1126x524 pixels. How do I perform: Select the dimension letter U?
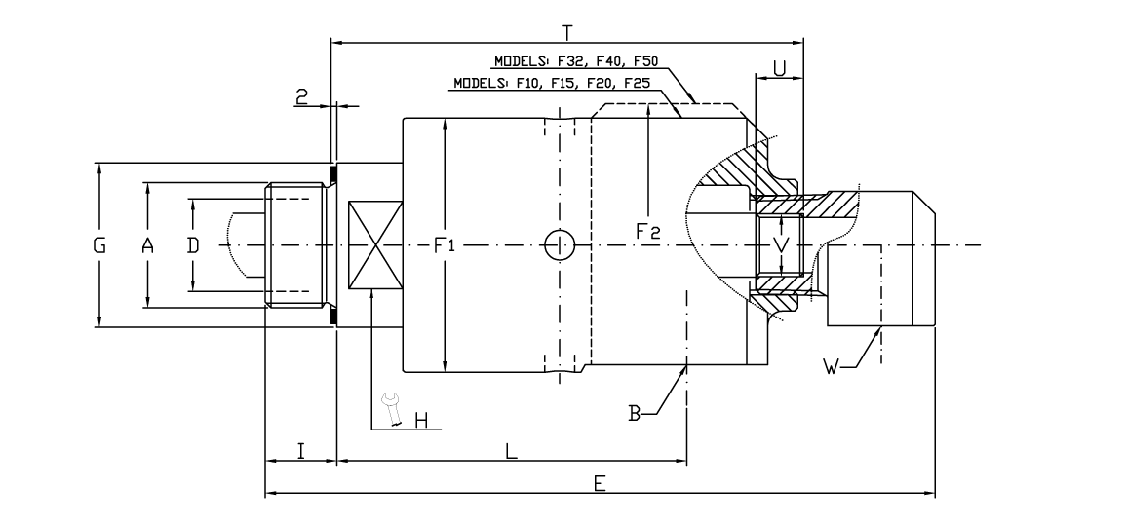pos(780,68)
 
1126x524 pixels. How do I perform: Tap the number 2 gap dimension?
pos(302,95)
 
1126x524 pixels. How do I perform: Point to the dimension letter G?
pos(98,246)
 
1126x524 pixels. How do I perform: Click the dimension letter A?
pos(147,246)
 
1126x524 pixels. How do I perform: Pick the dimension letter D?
pos(193,246)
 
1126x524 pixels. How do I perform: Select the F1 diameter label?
pos(445,246)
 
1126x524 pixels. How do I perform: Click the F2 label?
pos(648,232)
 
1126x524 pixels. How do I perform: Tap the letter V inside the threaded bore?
pos(780,241)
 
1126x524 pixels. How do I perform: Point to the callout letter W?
pos(831,367)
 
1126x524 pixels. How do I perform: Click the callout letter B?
pos(635,414)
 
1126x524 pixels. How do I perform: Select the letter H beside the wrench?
pos(421,420)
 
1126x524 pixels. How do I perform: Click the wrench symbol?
pos(392,408)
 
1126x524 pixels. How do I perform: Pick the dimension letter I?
pos(301,451)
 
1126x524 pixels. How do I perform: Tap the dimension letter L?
pos(511,451)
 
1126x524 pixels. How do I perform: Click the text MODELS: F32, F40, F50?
pos(576,61)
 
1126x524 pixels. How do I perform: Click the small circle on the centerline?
pos(559,245)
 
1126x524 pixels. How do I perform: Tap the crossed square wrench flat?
pos(375,245)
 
